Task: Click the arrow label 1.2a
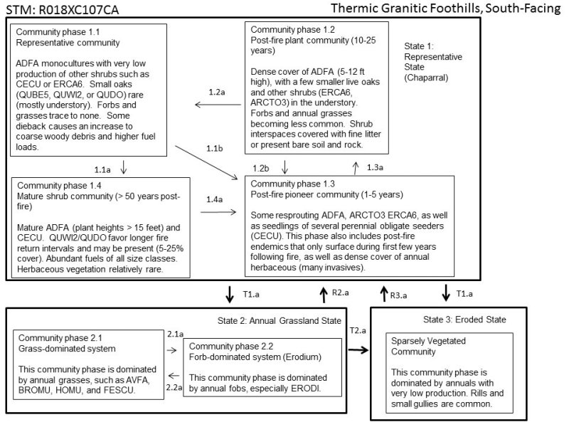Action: point(216,93)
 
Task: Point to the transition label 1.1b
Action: point(215,147)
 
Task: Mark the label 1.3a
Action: point(375,167)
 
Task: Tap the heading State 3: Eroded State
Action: point(465,319)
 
